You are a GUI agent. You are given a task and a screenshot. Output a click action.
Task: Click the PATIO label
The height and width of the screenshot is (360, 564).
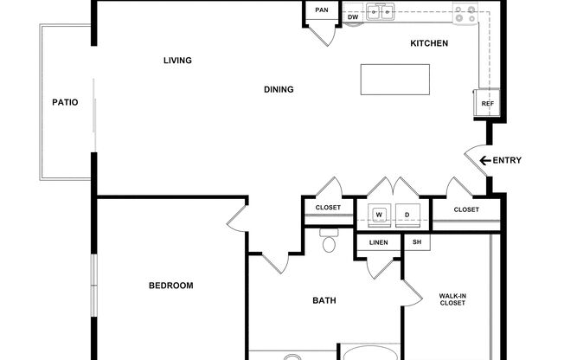[65, 102]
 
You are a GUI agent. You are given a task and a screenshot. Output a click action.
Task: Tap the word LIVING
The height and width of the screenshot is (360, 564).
[177, 60]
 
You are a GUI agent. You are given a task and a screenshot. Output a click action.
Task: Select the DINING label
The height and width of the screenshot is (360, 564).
[279, 89]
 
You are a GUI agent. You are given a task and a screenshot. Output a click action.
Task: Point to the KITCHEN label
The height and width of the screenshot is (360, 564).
[429, 43]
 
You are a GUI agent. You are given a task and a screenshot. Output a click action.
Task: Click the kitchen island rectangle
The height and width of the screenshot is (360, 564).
[395, 80]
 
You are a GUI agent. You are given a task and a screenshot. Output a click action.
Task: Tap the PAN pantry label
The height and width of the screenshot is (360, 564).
[322, 10]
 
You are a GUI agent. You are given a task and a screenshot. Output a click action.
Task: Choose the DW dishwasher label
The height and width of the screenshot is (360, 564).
[353, 17]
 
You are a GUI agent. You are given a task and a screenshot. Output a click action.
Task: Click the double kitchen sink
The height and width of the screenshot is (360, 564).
[381, 12]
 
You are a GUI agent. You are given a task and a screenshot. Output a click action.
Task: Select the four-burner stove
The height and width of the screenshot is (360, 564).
[465, 14]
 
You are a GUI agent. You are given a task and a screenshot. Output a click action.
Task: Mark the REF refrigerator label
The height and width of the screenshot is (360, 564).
[488, 104]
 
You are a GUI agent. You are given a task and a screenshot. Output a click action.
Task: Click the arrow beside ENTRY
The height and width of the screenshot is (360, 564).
[485, 161]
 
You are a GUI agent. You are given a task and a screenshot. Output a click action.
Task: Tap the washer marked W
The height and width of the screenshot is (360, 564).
[379, 215]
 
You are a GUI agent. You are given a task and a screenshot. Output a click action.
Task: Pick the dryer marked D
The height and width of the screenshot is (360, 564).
[407, 215]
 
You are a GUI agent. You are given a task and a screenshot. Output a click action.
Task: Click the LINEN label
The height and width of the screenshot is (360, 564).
[378, 242]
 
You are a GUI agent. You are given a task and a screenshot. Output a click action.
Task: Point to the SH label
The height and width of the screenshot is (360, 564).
[417, 242]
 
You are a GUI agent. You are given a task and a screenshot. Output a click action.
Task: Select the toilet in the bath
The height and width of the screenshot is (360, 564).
[329, 241]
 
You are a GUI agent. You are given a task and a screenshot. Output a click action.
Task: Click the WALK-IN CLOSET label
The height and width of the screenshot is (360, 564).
[452, 299]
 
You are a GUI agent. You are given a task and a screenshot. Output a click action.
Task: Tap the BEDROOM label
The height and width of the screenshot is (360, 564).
[171, 286]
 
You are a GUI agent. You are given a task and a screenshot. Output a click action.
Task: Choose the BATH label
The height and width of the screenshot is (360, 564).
[324, 300]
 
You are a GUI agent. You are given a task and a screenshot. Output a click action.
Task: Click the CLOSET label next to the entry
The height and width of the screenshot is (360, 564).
[466, 209]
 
